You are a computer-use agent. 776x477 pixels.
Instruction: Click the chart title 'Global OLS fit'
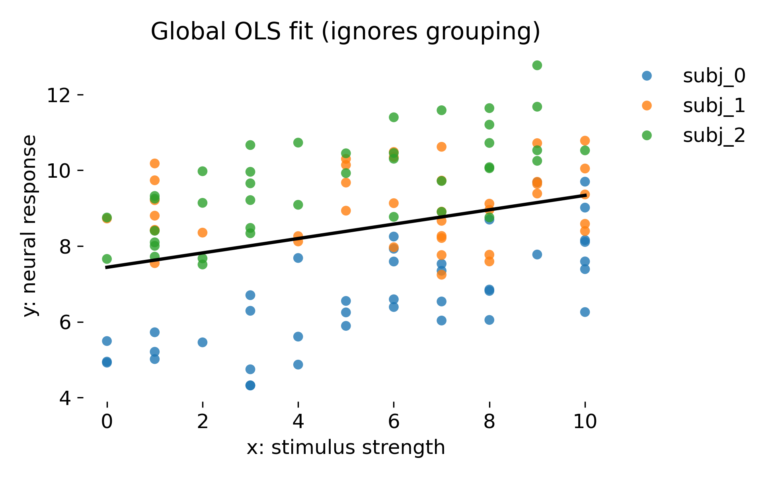pos(345,32)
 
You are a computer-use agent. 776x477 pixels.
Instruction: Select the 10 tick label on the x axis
pos(585,422)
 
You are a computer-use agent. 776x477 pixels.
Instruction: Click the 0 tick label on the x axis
pos(107,422)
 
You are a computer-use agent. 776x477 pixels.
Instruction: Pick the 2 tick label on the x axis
pos(203,422)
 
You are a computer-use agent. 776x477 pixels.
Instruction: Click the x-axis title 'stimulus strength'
pos(345,448)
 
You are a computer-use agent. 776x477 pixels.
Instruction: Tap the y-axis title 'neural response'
pos(30,225)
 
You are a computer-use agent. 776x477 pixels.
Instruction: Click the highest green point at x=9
pos(537,65)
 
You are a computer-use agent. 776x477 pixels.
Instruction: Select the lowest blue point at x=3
pos(250,385)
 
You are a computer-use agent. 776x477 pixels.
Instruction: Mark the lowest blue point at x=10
pos(585,312)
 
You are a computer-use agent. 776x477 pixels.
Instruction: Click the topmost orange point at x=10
pos(585,141)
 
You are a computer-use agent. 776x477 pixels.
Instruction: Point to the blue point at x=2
pos(203,342)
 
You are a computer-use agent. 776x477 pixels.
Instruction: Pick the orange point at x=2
pos(203,233)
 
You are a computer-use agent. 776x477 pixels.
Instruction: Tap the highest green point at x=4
pos(298,143)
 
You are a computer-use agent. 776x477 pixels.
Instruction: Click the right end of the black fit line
pos(585,195)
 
